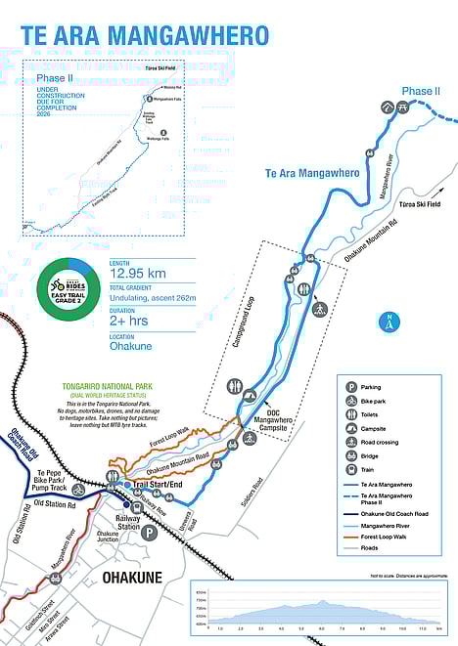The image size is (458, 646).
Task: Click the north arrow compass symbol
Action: tap(389, 320)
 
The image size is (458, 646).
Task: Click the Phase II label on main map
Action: tap(421, 91)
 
